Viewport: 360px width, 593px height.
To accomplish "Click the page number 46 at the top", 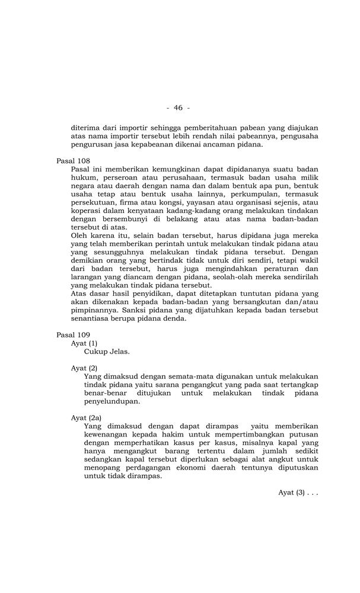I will (x=178, y=107).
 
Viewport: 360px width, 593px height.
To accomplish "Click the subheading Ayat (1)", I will (x=84, y=343).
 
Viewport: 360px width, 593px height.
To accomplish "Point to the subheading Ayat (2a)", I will (x=86, y=417).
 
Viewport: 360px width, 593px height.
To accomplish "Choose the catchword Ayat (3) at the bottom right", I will (x=298, y=492).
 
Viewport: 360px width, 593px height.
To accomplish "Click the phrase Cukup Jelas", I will (x=107, y=351).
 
